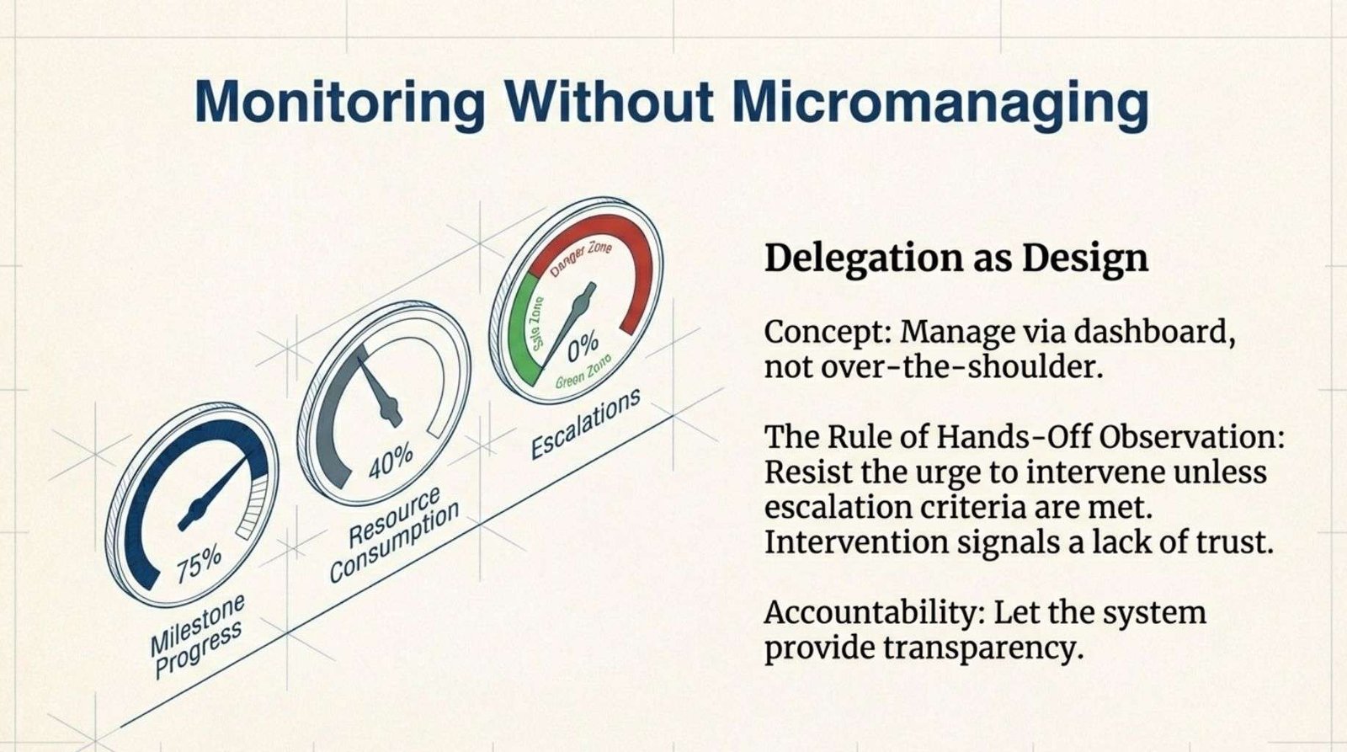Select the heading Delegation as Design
pos(956,259)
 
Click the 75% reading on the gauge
pos(199,564)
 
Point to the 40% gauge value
pos(391,461)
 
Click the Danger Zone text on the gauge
pos(581,257)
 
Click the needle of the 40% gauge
pos(380,393)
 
